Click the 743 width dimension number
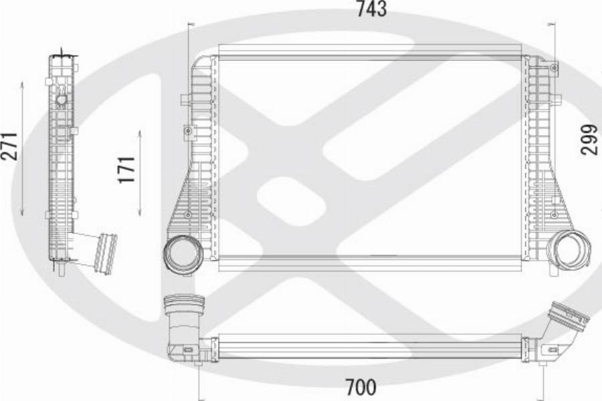371,9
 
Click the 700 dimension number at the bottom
361,387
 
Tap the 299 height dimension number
589,139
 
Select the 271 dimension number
9,146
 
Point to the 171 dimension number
126,170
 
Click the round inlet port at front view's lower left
183,254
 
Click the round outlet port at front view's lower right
569,249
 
